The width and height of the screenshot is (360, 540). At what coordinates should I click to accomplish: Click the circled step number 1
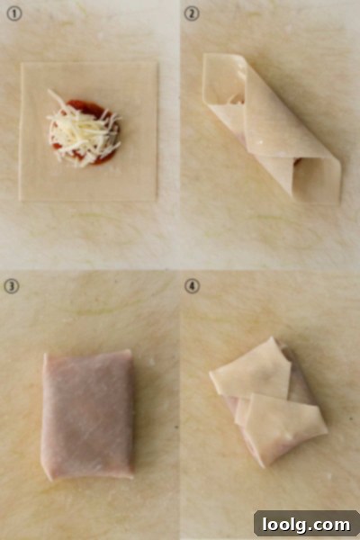pos(14,14)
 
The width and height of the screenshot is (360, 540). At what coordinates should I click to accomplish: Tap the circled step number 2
pos(192,14)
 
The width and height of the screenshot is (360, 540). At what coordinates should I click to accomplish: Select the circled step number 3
pos(12,286)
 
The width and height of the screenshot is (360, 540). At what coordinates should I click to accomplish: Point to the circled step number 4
pos(192,286)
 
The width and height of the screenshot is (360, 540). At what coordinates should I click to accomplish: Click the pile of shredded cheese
pos(83,129)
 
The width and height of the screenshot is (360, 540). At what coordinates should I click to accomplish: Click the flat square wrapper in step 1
pos(88,131)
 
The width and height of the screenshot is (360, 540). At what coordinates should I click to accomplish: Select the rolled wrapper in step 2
pos(272,129)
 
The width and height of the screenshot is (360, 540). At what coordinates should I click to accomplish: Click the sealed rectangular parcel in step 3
pos(87,414)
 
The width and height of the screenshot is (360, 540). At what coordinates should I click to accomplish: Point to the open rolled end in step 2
pos(317,181)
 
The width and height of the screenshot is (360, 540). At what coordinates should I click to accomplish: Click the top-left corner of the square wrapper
pos(22,63)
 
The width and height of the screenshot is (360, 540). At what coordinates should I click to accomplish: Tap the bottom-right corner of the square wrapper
pos(156,200)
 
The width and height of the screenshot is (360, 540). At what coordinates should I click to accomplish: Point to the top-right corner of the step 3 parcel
pos(130,351)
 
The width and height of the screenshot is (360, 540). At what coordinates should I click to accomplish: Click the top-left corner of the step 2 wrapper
pos(204,54)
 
